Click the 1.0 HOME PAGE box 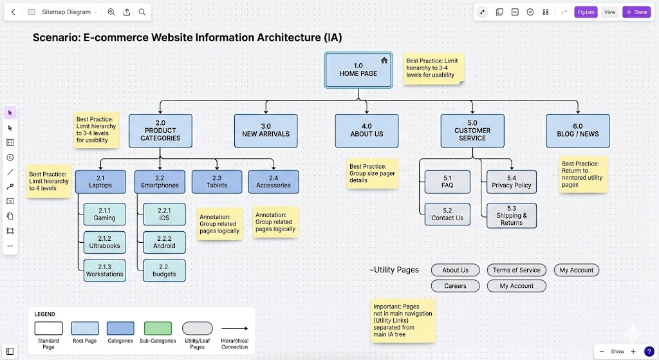tap(358, 70)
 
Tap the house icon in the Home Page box tap(384, 61)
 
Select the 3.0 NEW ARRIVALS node tap(266, 130)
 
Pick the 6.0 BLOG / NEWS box tap(577, 130)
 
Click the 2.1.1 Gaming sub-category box tap(104, 214)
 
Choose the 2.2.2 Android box tap(164, 242)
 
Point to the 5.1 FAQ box tap(447, 182)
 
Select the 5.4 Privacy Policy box tap(512, 182)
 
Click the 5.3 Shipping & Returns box tap(512, 215)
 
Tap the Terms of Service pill tap(517, 270)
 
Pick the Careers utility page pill tap(455, 286)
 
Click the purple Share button tap(636, 12)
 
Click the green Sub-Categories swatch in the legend tap(158, 328)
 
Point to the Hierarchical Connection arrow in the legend tap(234, 328)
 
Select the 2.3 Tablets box tap(217, 182)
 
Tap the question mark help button tap(649, 351)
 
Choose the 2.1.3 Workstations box tap(104, 270)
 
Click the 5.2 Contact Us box tap(447, 214)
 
